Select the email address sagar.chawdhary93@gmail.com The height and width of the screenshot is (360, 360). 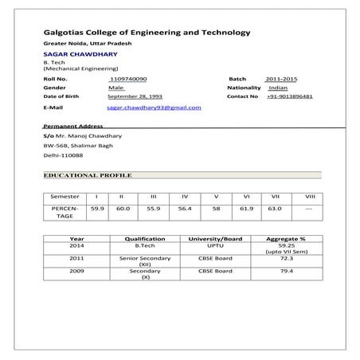click(154, 107)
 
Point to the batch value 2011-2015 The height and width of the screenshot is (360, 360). click(281, 80)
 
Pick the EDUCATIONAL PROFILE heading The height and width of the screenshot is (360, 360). click(88, 174)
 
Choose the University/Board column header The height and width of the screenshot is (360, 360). click(214, 238)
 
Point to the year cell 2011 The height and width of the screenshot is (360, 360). click(77, 258)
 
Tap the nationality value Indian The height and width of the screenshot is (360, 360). click(278, 88)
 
